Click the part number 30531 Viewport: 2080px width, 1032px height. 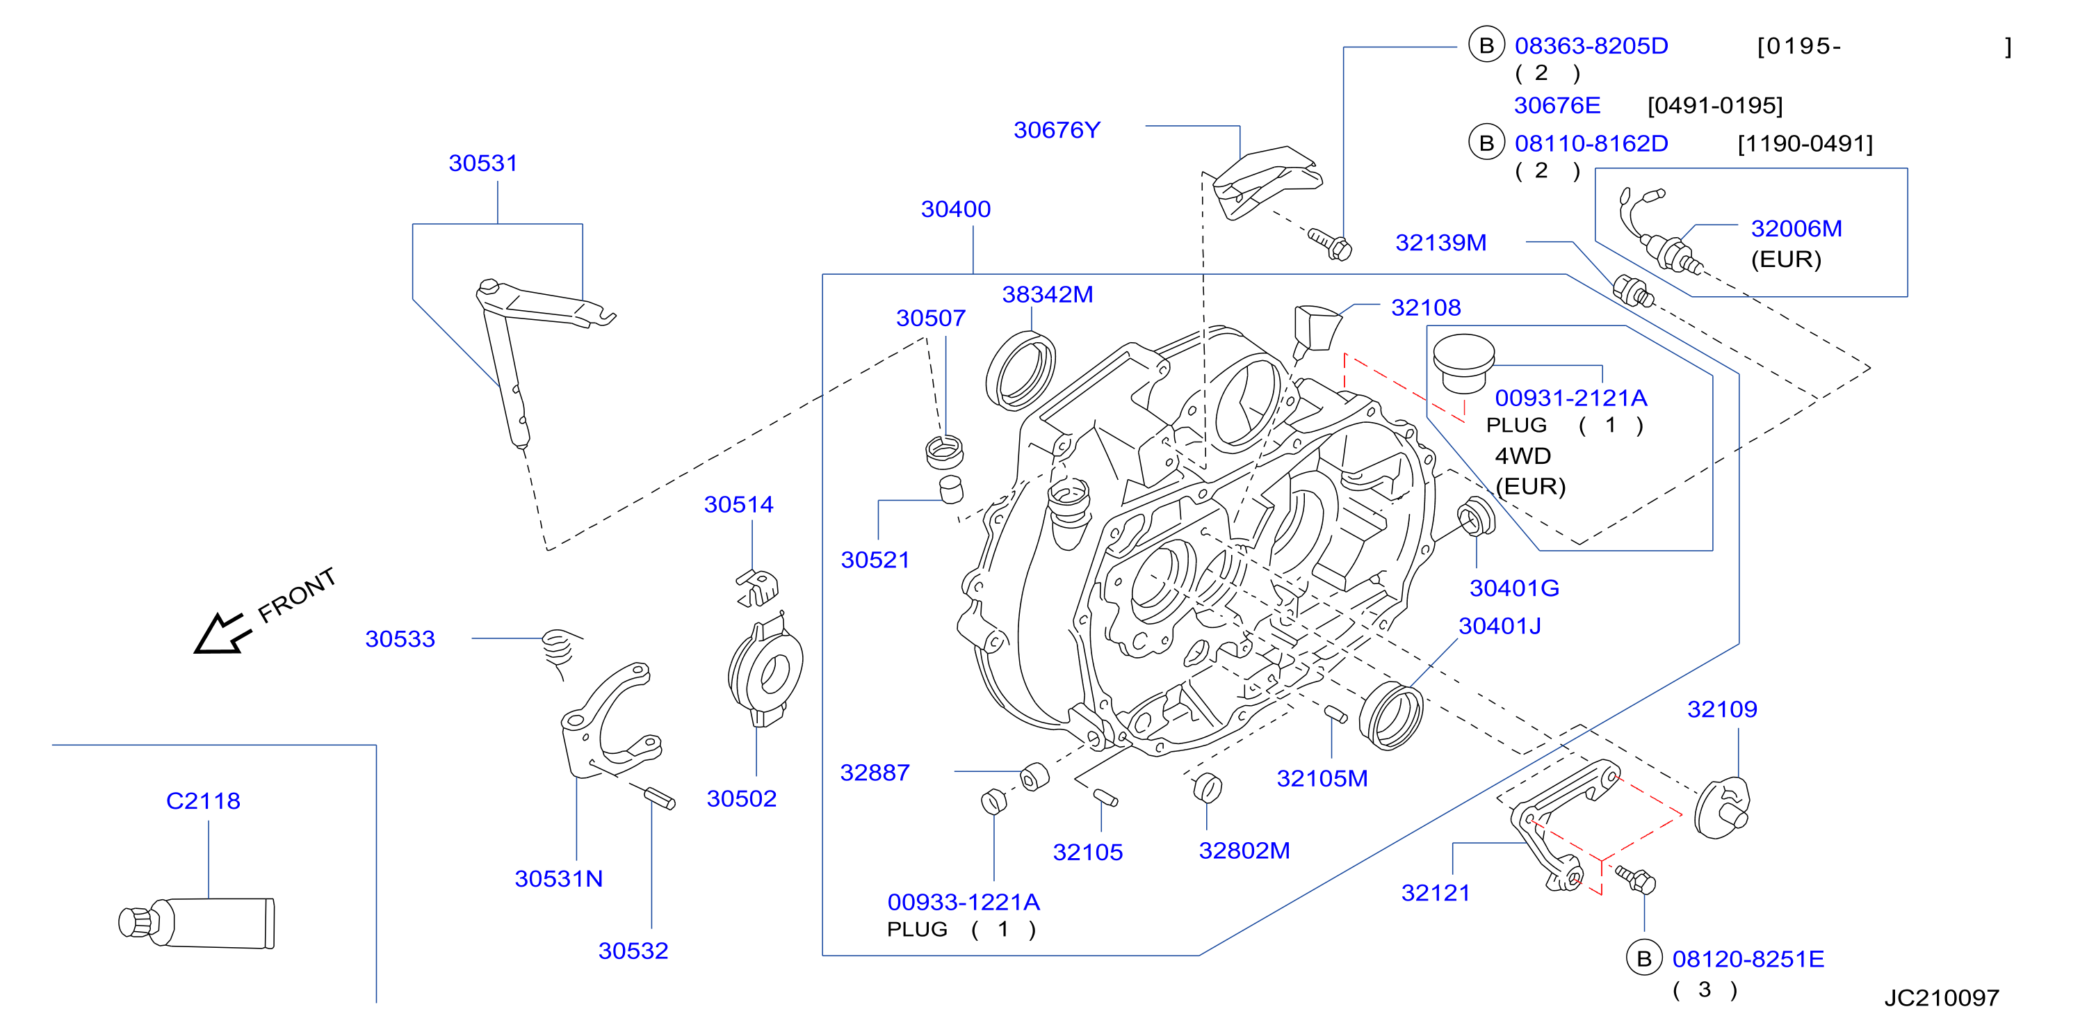(483, 163)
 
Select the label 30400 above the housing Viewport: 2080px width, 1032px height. (955, 209)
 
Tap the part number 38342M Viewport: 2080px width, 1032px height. (1047, 295)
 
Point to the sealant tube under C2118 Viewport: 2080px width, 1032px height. (196, 922)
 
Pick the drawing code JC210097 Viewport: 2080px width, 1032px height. (1941, 998)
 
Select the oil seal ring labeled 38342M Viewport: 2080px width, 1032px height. (1021, 371)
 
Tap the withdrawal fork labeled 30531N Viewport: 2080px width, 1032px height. (610, 720)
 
